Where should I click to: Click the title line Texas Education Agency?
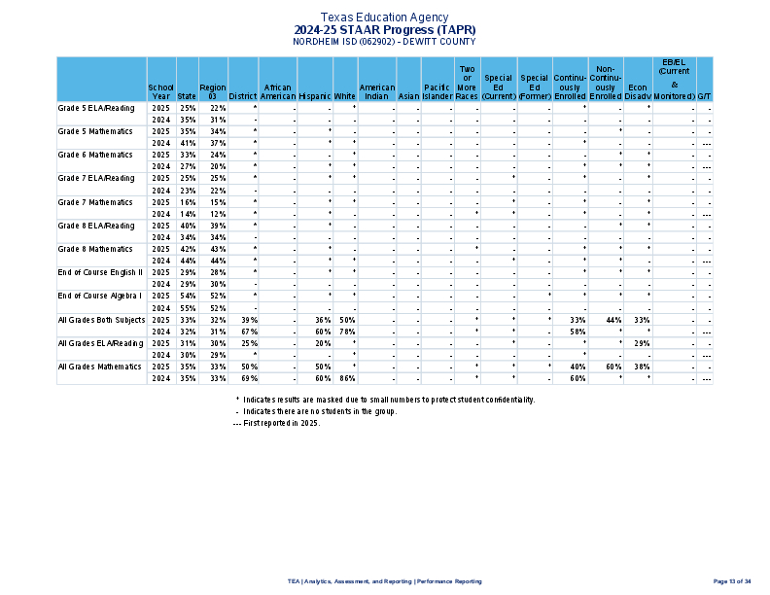coord(384,17)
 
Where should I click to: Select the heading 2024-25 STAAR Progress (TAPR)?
coord(384,30)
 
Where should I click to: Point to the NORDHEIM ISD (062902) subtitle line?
coord(384,42)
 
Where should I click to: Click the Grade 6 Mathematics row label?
coord(95,155)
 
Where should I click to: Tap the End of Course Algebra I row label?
coord(100,296)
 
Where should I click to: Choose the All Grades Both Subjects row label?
coord(101,319)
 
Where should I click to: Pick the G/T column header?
coord(704,96)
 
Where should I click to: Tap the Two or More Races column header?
coord(467,83)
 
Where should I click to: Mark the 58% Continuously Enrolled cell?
coord(577,332)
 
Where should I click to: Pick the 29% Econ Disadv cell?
coord(642,343)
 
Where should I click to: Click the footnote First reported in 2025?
coord(276,423)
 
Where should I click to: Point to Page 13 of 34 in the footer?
coord(732,581)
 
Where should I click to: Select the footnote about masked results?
coord(385,400)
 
